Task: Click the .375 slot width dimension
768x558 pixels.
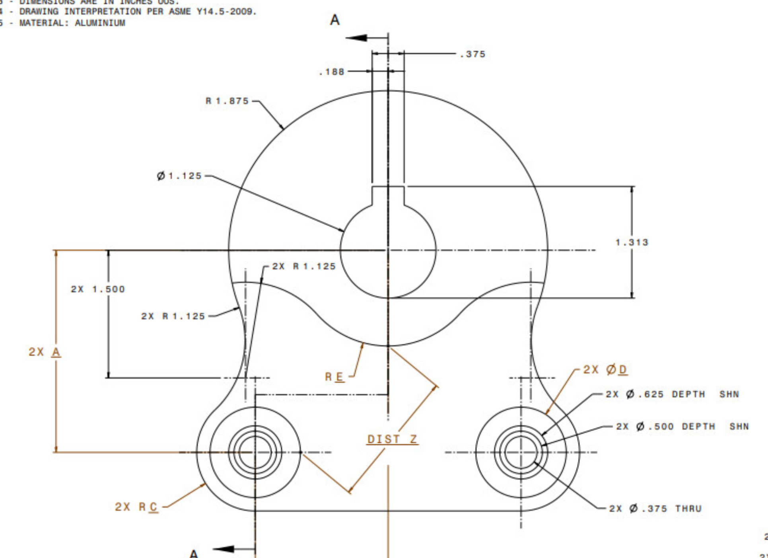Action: pyautogui.click(x=472, y=54)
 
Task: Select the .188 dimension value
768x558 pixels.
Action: pyautogui.click(x=331, y=72)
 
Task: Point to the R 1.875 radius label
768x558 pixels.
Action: pyautogui.click(x=227, y=101)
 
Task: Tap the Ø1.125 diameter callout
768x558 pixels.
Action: pyautogui.click(x=179, y=176)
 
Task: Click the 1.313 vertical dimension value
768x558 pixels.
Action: pyautogui.click(x=632, y=242)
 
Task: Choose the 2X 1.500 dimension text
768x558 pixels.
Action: pyautogui.click(x=98, y=289)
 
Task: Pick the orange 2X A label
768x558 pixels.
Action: pyautogui.click(x=45, y=352)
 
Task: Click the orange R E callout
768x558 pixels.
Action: pyautogui.click(x=334, y=377)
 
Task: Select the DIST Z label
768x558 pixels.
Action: pyautogui.click(x=392, y=439)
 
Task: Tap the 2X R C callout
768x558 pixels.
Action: pyautogui.click(x=136, y=507)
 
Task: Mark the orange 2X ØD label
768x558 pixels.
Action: pyautogui.click(x=605, y=369)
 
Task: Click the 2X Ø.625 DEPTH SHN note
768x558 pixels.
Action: pyautogui.click(x=672, y=394)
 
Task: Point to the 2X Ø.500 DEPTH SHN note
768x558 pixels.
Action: pyautogui.click(x=682, y=427)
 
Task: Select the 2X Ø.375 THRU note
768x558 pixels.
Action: pyautogui.click(x=655, y=509)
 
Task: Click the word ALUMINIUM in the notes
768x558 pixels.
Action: pyautogui.click(x=100, y=23)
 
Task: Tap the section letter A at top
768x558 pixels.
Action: pyautogui.click(x=335, y=20)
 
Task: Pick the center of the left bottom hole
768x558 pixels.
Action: pyautogui.click(x=255, y=452)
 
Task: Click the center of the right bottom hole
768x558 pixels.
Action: pyautogui.click(x=521, y=452)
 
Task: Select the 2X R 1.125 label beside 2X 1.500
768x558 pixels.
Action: pyautogui.click(x=173, y=316)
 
